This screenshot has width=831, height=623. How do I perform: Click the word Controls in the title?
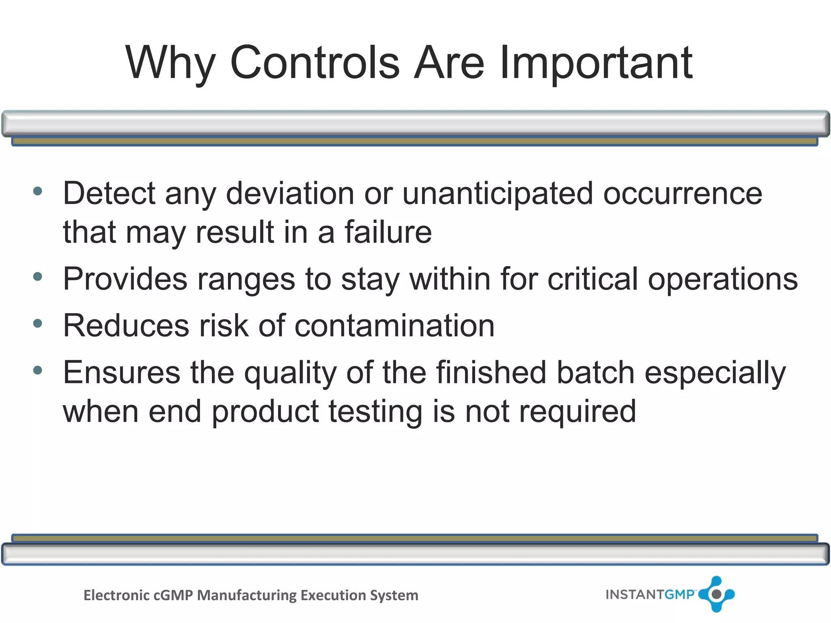point(315,63)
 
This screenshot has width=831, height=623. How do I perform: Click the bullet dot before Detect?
point(38,191)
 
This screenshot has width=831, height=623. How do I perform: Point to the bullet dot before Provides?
point(38,277)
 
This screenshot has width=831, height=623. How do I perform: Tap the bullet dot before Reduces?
point(38,324)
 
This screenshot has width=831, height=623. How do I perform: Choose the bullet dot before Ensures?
point(38,370)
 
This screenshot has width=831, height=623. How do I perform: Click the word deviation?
point(290,193)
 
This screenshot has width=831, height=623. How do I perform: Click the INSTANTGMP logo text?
point(650,595)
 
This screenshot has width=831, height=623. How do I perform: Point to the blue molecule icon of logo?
point(717,594)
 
